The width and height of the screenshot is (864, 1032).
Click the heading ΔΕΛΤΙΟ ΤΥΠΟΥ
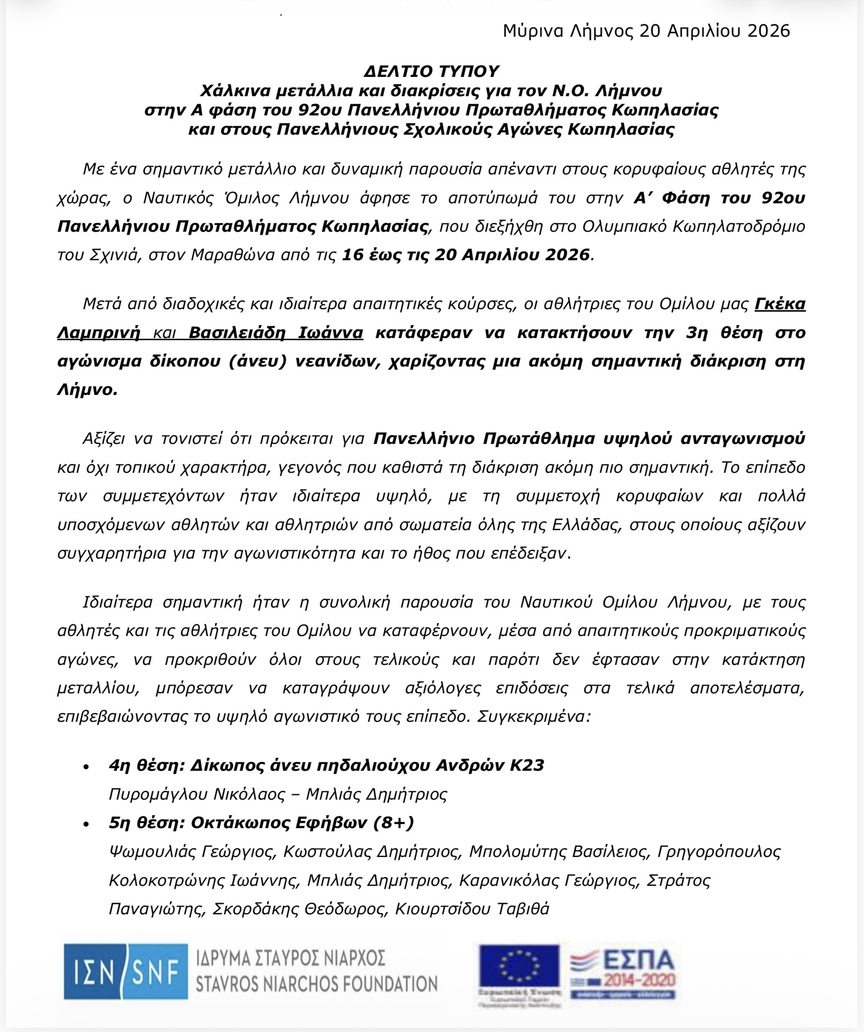click(x=432, y=71)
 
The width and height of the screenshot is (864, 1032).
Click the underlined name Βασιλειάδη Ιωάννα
click(x=276, y=333)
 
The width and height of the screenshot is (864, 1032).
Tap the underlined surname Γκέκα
click(x=779, y=304)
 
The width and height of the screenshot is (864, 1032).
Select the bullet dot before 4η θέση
click(x=87, y=767)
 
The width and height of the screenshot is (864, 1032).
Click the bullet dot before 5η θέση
click(x=87, y=824)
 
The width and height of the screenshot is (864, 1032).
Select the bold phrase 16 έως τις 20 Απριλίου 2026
click(x=465, y=254)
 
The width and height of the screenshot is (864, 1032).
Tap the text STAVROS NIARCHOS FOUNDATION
click(x=316, y=984)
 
